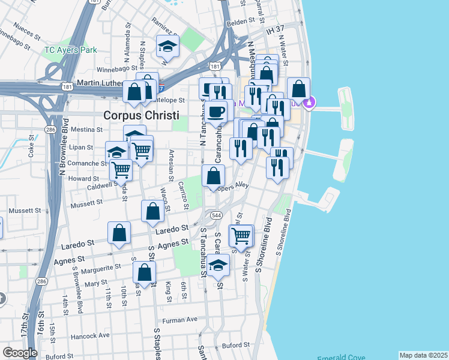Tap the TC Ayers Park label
pos(70,50)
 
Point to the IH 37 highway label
pos(275,28)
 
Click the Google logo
pos(20,352)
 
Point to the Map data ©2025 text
pos(424,355)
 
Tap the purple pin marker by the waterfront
pos(310,103)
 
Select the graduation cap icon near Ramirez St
pos(168,46)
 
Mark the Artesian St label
pos(172,165)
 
